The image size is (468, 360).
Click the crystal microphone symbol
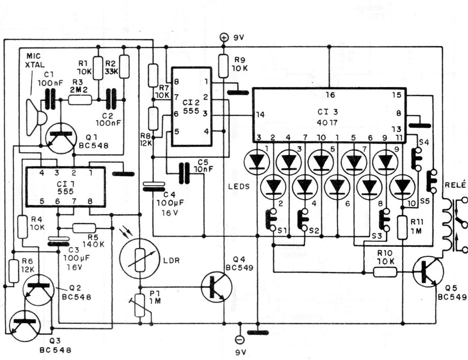(36, 117)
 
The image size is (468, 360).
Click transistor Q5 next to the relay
(429, 271)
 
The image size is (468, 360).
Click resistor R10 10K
(384, 272)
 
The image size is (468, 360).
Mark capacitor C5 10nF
(185, 173)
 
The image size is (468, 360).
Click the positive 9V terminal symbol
(224, 38)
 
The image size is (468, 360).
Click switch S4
(418, 158)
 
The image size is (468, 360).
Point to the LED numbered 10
(402, 186)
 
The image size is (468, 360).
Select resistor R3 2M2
(80, 99)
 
